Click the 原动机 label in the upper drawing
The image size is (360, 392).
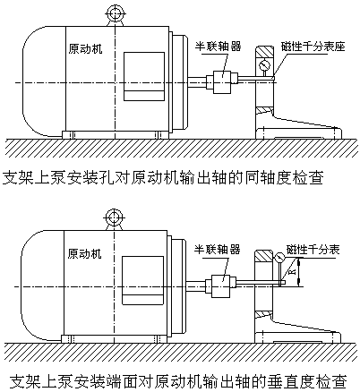[x=85, y=49]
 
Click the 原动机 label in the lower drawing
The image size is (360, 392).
[x=84, y=254]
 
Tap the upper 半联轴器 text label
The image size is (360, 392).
[x=218, y=47]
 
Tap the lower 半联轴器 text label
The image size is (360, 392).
[x=218, y=249]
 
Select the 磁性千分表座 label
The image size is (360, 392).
[x=313, y=47]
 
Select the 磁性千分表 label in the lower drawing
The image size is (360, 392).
[x=313, y=250]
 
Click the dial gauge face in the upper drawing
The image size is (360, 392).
[x=264, y=65]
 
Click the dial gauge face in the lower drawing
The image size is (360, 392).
[x=280, y=258]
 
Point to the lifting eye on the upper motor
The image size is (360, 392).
[x=115, y=14]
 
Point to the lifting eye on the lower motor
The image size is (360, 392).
[x=114, y=218]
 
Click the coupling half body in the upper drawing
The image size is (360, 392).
[x=222, y=81]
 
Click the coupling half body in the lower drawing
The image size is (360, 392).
[x=221, y=286]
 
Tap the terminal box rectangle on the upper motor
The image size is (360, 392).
[x=144, y=76]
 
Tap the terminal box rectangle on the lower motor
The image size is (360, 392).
[x=142, y=280]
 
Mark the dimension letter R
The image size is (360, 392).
[x=293, y=272]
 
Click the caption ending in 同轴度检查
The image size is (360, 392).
[x=163, y=178]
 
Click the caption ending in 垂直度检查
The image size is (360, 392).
[x=178, y=381]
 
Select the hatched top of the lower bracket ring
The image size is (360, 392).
[x=263, y=256]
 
